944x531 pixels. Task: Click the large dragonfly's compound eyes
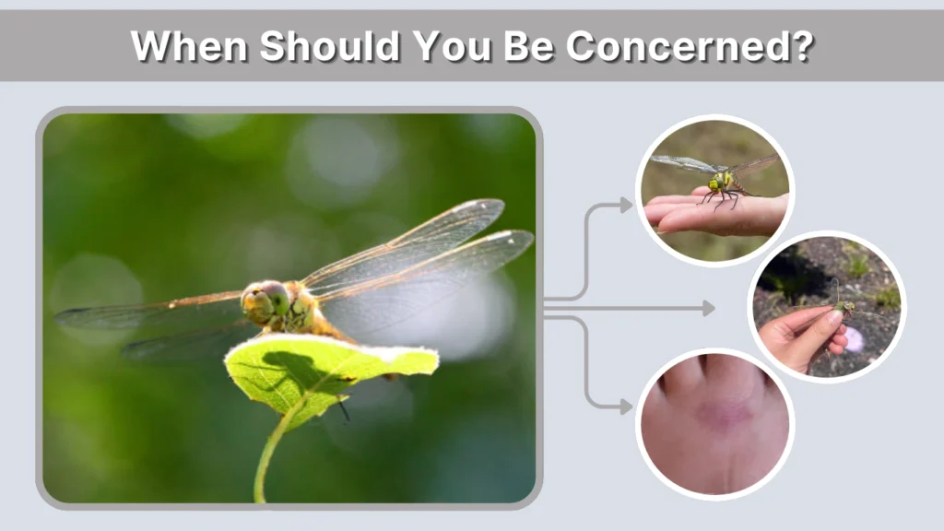coord(264,300)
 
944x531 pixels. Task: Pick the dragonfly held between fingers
coord(841,307)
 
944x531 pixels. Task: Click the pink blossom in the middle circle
coord(855,339)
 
